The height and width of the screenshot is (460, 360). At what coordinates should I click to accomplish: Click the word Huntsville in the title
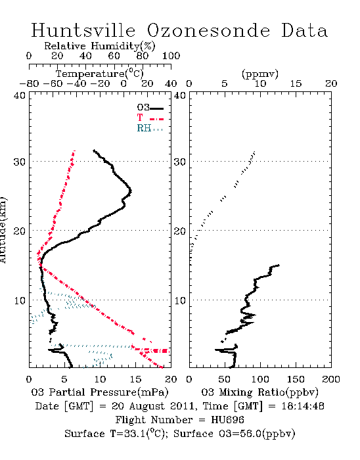pyautogui.click(x=83, y=30)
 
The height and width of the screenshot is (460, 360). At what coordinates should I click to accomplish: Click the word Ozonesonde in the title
pyautogui.click(x=208, y=30)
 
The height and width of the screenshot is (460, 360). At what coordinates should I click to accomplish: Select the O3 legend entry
pyautogui.click(x=150, y=108)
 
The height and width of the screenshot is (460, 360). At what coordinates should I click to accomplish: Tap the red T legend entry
pyautogui.click(x=150, y=118)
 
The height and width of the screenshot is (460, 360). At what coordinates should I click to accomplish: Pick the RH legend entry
pyautogui.click(x=150, y=128)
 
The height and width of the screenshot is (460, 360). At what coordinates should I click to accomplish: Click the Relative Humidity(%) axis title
pyautogui.click(x=100, y=46)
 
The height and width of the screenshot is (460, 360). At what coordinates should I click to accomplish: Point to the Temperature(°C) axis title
pyautogui.click(x=100, y=74)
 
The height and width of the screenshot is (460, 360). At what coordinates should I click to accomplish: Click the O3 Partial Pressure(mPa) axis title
pyautogui.click(x=100, y=392)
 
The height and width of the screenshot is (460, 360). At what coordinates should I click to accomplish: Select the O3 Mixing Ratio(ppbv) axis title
pyautogui.click(x=259, y=392)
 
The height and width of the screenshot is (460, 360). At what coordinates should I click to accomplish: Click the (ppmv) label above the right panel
pyautogui.click(x=260, y=74)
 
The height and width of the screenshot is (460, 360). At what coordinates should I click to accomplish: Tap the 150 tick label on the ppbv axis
pyautogui.click(x=296, y=379)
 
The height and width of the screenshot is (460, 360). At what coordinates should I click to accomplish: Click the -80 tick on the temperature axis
pyautogui.click(x=30, y=84)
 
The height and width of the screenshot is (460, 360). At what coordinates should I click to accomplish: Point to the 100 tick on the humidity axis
pyautogui.click(x=171, y=56)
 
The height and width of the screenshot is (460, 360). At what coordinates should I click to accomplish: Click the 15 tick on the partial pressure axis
pyautogui.click(x=135, y=379)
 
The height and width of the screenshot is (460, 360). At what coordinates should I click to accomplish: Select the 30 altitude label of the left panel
pyautogui.click(x=19, y=162)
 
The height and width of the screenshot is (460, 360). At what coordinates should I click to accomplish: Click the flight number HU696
pyautogui.click(x=227, y=420)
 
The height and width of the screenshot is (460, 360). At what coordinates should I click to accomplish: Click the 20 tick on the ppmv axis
pyautogui.click(x=331, y=84)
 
